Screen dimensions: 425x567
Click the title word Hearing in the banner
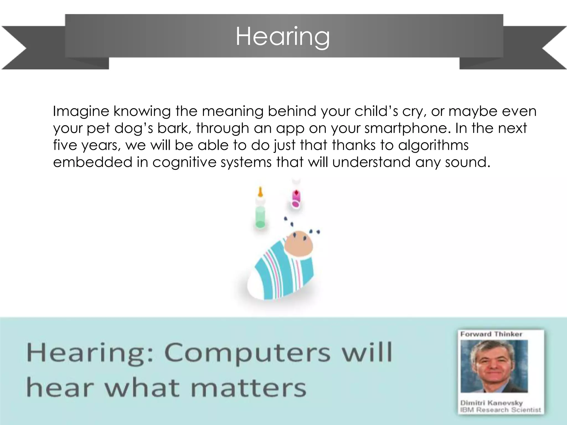coord(283,37)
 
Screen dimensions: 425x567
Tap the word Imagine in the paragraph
coord(81,112)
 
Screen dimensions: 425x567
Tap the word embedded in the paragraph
coord(92,162)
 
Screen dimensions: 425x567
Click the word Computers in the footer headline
coord(247,353)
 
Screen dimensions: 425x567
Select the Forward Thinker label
coord(491,334)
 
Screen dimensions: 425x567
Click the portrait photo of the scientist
coord(494,366)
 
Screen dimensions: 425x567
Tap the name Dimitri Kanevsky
coord(491,403)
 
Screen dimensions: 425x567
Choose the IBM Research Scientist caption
coord(500,410)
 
